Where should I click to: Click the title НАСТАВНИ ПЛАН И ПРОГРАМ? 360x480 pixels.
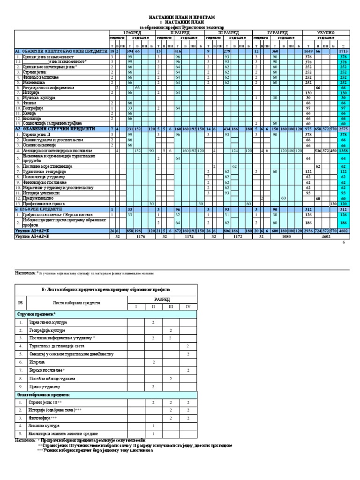click(x=181, y=17)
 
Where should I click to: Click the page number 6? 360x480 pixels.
click(x=343, y=243)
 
